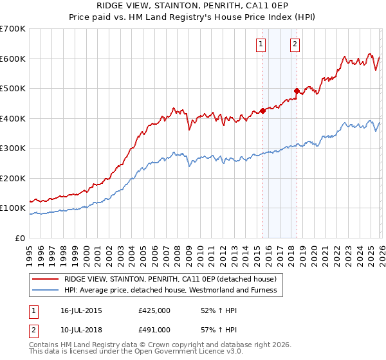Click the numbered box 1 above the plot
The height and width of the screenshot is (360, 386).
(261, 44)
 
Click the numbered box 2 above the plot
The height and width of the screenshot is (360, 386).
(295, 44)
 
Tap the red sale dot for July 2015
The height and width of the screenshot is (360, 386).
(262, 111)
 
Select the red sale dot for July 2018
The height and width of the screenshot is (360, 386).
(297, 91)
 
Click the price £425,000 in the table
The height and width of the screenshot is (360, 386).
(154, 310)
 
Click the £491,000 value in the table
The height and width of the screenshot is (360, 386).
(154, 330)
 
